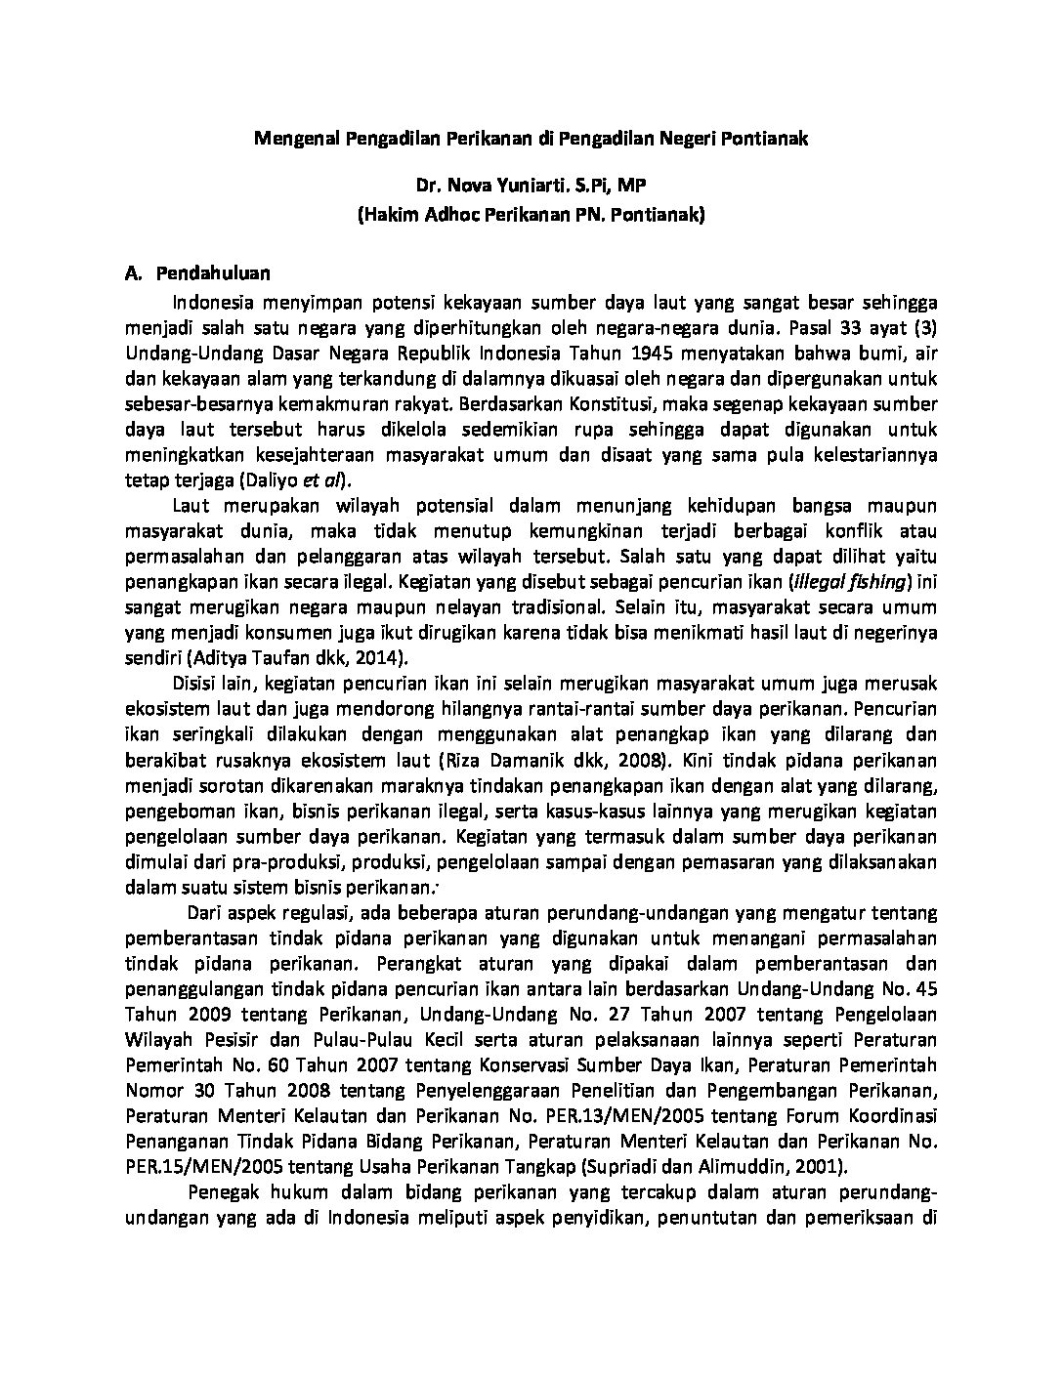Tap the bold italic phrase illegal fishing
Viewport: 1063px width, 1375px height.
(850, 582)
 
